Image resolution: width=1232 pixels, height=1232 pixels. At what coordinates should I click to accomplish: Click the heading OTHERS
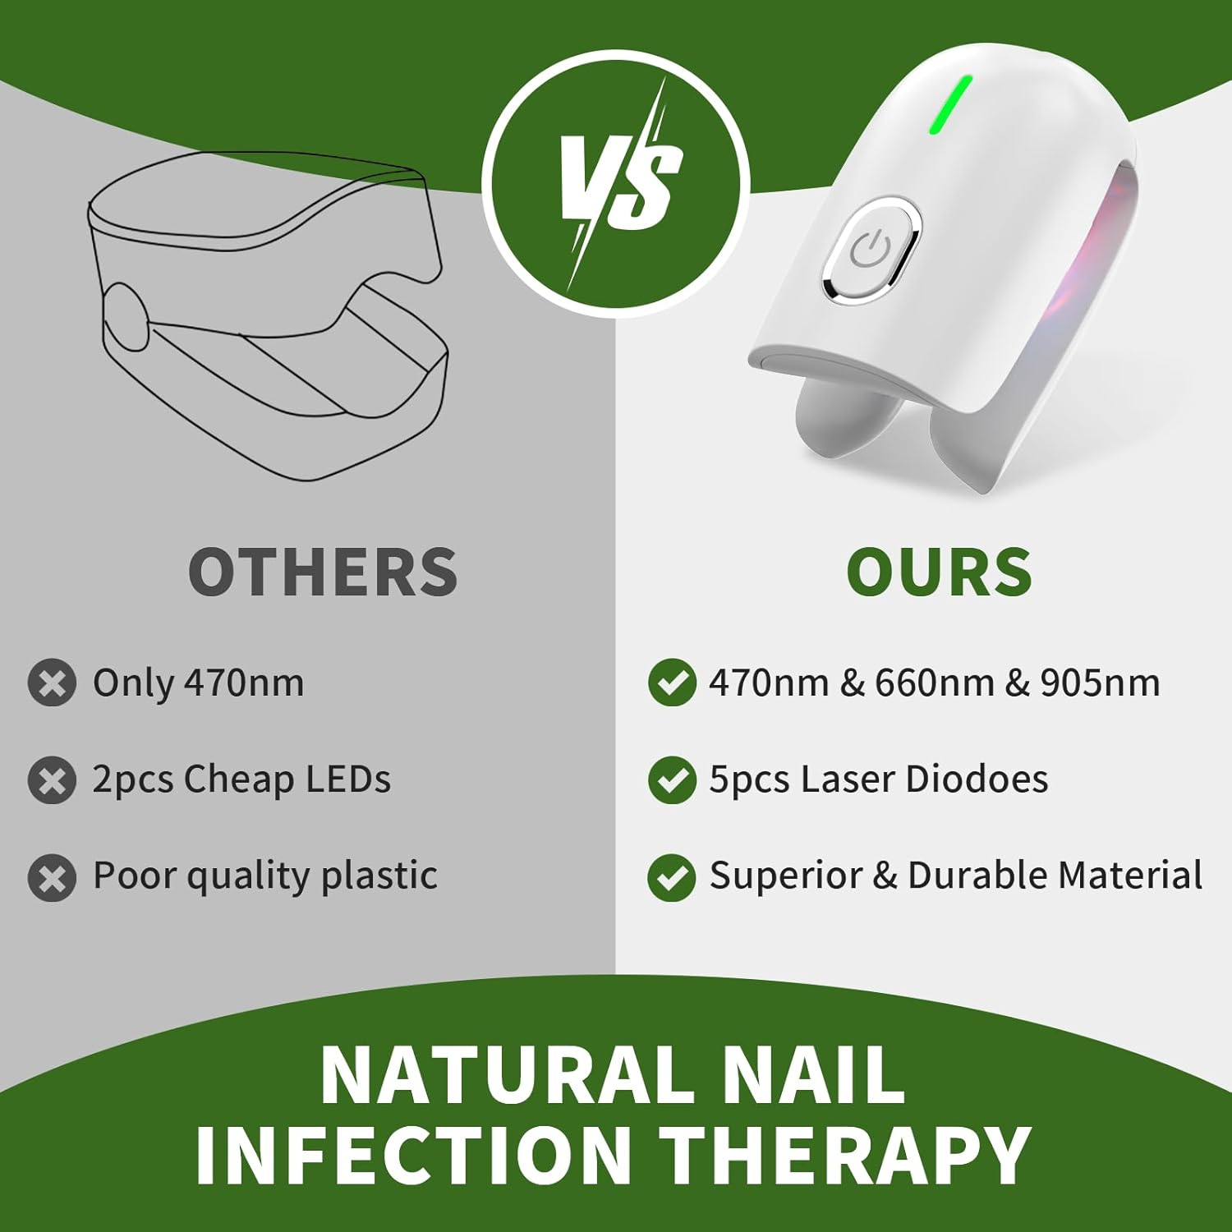[x=323, y=572]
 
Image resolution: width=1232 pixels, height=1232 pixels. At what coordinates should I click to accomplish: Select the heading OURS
[x=939, y=572]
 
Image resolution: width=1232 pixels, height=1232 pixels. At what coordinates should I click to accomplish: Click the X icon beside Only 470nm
[x=52, y=683]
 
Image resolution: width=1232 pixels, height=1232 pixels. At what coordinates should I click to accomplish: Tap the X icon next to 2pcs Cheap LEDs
[x=52, y=779]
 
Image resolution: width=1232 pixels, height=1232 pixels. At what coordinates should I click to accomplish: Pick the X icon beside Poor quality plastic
[x=52, y=877]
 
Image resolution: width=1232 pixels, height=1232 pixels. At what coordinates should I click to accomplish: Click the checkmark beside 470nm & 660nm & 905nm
[x=672, y=683]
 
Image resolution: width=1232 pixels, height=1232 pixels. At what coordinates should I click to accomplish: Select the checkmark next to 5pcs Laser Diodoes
[x=672, y=779]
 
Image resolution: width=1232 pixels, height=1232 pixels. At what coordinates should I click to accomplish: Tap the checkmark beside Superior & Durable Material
[x=672, y=877]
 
